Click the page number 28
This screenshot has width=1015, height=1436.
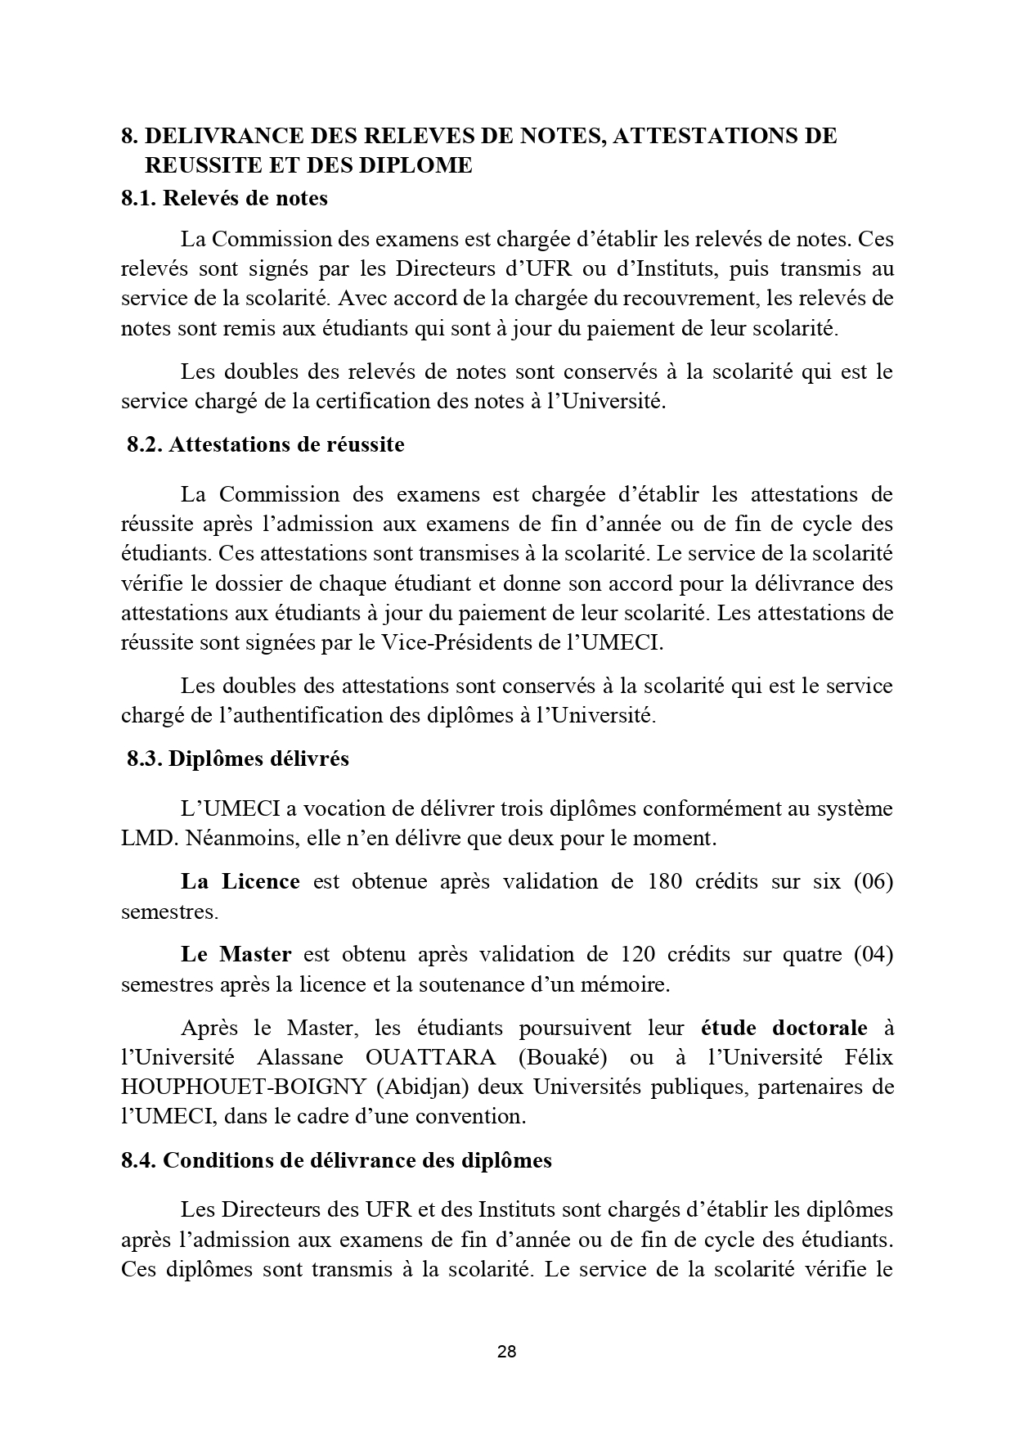506,1351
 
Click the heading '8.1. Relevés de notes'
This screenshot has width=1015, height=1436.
224,198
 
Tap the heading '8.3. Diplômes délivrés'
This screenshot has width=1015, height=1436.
237,759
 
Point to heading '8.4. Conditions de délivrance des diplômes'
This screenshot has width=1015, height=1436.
336,1160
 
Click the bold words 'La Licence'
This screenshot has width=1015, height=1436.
240,881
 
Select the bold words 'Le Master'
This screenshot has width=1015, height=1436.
236,954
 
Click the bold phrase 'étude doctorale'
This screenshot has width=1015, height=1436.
785,1027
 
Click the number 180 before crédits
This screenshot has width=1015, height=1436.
664,881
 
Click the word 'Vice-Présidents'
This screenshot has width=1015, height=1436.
447,642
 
